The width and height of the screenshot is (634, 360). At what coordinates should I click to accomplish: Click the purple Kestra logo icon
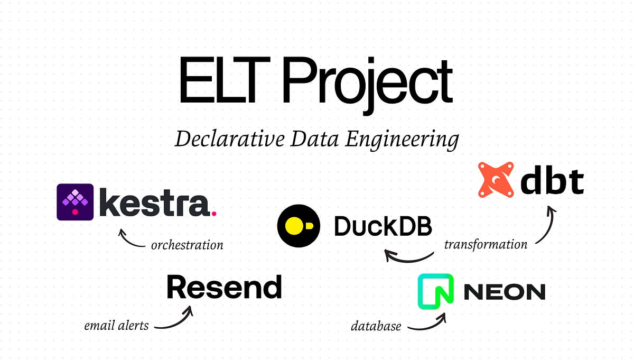point(75,202)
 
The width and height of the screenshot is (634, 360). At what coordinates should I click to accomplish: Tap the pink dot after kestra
point(213,214)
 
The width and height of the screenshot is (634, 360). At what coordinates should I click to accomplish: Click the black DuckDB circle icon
point(299,226)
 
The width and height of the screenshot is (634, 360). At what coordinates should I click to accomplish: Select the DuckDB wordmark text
point(383,226)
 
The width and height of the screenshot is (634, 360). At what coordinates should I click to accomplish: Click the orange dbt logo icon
point(496,180)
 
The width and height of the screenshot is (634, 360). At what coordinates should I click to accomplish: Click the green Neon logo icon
point(436,291)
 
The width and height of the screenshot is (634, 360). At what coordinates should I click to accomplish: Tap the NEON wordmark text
point(504,292)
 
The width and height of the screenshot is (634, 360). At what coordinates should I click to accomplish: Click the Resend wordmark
point(224,288)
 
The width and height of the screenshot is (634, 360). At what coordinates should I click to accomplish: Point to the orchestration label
point(187,245)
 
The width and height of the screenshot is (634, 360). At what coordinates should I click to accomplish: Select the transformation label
point(485,244)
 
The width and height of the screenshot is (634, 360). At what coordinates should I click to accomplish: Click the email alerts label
point(116,326)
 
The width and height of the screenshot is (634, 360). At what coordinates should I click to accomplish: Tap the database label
point(376,326)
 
